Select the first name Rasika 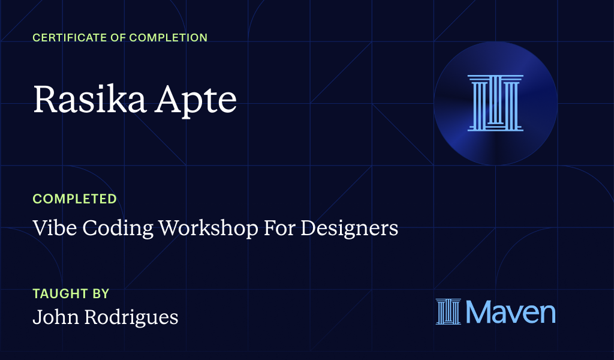coord(87,100)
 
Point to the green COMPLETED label coord(74,199)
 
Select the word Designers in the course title coord(350,229)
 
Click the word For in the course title coord(281,229)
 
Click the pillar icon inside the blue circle coord(495,103)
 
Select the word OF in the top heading coord(119,38)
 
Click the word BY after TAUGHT coord(101,294)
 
